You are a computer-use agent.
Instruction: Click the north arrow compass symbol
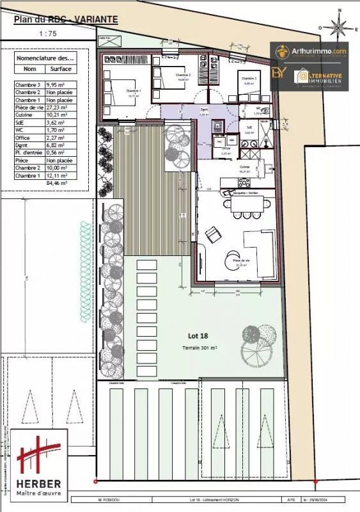[338, 28]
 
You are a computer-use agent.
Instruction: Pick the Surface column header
[61, 68]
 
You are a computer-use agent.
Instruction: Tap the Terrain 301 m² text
[200, 347]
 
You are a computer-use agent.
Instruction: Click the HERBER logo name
[39, 484]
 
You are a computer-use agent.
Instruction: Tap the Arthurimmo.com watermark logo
[310, 51]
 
